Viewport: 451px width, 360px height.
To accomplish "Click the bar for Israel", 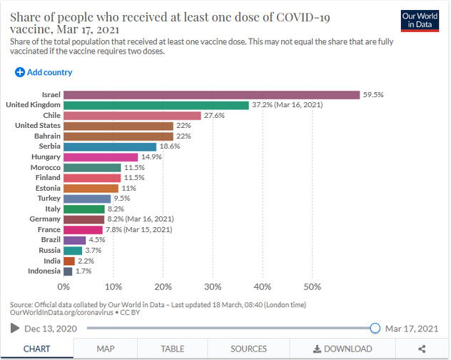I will [211, 95].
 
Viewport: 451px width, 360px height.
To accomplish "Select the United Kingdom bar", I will [156, 105].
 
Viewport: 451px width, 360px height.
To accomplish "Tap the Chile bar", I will [132, 116].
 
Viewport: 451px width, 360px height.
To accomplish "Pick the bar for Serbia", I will [110, 146].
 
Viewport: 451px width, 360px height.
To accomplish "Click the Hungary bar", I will [101, 157].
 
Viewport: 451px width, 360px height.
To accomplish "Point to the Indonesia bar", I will [68, 271].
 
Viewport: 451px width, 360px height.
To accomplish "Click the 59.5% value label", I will [373, 95].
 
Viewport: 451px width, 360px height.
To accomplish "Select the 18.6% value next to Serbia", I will [170, 146].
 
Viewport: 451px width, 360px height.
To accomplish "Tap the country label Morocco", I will [46, 167].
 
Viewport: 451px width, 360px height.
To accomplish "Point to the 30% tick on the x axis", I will [213, 286].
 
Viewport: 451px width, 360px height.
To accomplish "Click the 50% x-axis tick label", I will [312, 286].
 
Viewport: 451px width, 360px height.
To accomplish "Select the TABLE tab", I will [172, 349].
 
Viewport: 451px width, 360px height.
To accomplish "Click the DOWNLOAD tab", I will [343, 349].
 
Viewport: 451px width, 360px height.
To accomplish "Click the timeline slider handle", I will [375, 328].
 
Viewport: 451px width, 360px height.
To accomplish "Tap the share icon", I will [422, 349].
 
